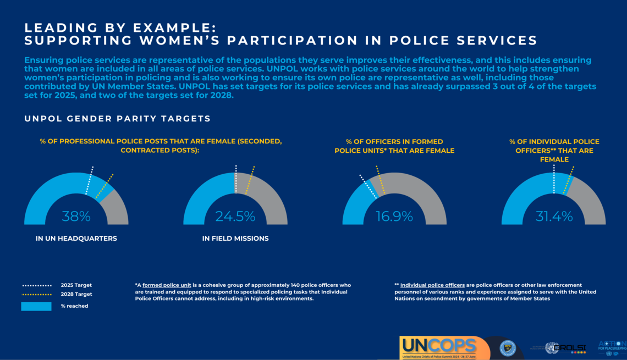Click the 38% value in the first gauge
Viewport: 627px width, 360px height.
point(76,217)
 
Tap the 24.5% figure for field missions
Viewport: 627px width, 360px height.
point(235,217)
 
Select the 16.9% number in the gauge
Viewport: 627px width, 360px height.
point(394,217)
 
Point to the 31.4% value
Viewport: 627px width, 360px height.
point(554,217)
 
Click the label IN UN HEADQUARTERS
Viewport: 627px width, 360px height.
point(76,239)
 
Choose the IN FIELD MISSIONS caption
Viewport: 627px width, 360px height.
point(235,239)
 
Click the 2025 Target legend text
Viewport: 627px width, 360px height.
point(76,285)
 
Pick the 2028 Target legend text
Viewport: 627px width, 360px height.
point(76,295)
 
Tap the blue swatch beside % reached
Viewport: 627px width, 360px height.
point(36,306)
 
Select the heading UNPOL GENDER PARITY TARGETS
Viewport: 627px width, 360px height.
point(117,119)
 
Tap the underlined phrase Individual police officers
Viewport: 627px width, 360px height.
point(432,285)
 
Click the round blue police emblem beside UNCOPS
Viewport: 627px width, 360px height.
point(507,348)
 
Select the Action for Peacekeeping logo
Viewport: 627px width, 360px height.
point(612,347)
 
